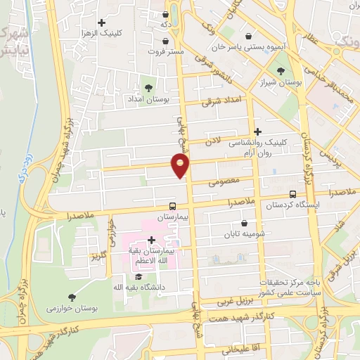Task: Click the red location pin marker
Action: (181, 166)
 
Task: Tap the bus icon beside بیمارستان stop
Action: (172, 207)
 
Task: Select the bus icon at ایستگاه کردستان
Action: (292, 195)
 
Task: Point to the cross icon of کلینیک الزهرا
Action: (102, 22)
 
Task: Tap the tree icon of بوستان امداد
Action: (148, 87)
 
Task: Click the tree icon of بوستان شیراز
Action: (281, 70)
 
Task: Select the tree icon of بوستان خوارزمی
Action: (72, 297)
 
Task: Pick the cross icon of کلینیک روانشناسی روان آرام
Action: (258, 131)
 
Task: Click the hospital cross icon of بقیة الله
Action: (151, 240)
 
